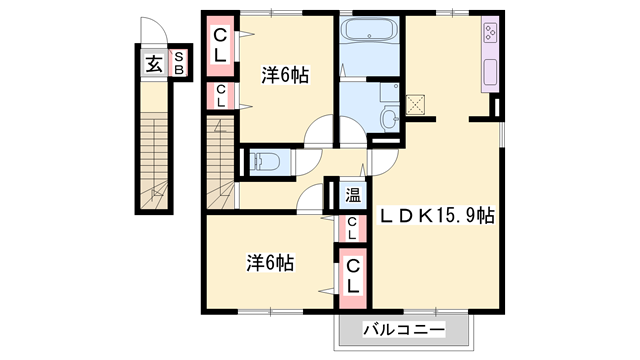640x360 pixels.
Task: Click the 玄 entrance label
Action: (x=154, y=65)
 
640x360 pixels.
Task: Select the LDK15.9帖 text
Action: (x=436, y=215)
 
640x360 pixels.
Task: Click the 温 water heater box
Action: (x=353, y=194)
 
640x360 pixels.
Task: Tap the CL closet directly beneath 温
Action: (x=353, y=229)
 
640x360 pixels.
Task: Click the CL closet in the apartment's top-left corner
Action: (x=221, y=46)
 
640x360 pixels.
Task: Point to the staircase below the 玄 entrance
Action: (x=155, y=150)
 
